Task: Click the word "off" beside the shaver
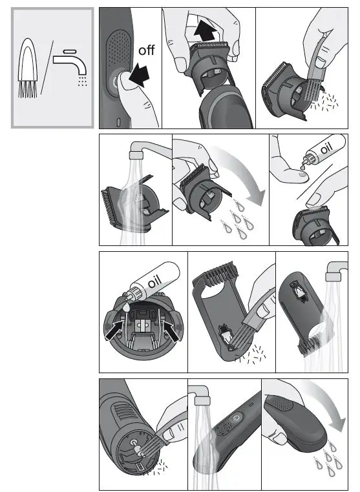(x=146, y=50)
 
